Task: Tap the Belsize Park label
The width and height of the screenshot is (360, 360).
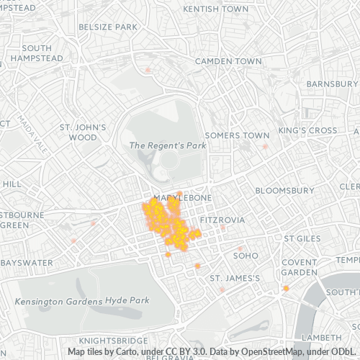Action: (x=108, y=27)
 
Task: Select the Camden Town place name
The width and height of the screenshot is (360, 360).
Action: (x=228, y=61)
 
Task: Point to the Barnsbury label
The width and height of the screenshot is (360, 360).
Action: (x=332, y=84)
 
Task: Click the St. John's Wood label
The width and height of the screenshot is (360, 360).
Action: (x=83, y=132)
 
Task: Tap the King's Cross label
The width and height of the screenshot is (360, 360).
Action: (x=307, y=130)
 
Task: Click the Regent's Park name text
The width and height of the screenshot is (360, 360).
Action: (x=167, y=145)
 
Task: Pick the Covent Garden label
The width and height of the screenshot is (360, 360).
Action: (x=300, y=267)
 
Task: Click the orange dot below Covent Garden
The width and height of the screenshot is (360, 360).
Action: (x=286, y=289)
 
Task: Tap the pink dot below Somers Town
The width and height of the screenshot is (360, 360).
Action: (x=265, y=146)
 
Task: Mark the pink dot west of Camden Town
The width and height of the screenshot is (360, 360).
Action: (x=148, y=70)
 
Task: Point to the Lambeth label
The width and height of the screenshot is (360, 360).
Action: (x=320, y=337)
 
